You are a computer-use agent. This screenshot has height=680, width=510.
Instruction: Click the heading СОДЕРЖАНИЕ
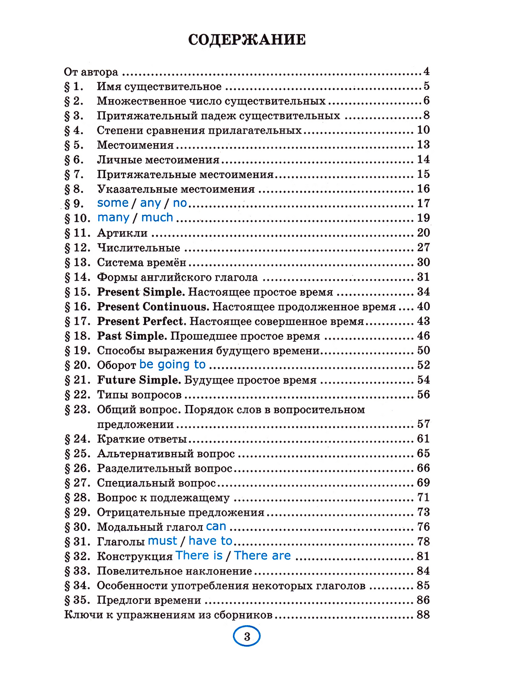point(246,40)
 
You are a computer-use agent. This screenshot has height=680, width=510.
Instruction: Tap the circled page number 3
point(246,637)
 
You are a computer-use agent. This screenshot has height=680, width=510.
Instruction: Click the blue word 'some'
point(113,203)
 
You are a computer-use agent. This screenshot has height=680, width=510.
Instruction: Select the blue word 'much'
point(157,218)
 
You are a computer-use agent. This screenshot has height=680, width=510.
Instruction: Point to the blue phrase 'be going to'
point(172,365)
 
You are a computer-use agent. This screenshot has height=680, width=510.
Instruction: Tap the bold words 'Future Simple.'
point(139,380)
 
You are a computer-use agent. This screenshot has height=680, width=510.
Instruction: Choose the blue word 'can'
point(216,527)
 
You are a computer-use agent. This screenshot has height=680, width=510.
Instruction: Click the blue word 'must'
point(162,541)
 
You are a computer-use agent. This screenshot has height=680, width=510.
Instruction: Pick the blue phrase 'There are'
point(262,555)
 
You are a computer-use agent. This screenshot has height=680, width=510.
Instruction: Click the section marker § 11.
point(77,233)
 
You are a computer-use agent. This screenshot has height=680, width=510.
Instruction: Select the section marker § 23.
point(77,410)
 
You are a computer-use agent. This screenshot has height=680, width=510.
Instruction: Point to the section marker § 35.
point(77,600)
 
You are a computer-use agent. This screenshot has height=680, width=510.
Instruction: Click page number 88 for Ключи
point(423,615)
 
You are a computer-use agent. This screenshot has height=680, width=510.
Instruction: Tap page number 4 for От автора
point(426,71)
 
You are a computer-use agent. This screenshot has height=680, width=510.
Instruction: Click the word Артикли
point(122,233)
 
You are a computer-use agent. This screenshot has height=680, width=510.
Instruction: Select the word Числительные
point(139,248)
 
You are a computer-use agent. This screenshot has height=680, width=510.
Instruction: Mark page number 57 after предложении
point(423,424)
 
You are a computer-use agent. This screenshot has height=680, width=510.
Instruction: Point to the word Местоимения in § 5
point(135,145)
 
